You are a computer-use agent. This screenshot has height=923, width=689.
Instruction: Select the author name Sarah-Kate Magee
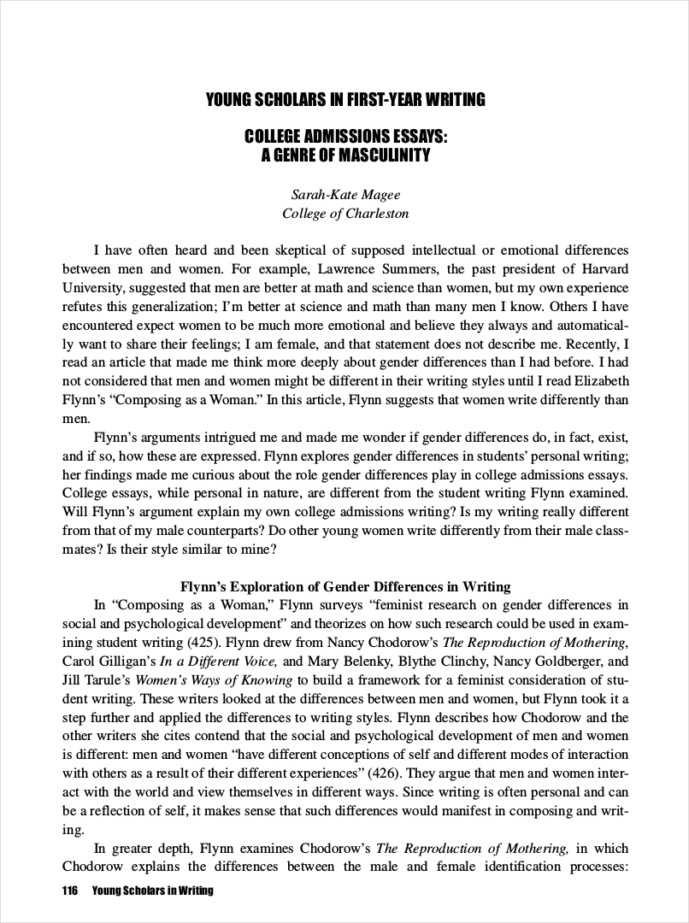345,195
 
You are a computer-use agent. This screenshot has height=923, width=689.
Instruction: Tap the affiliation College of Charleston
345,214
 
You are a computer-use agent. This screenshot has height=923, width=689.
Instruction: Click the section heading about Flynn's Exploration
345,587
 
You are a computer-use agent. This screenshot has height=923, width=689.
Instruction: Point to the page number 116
70,891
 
